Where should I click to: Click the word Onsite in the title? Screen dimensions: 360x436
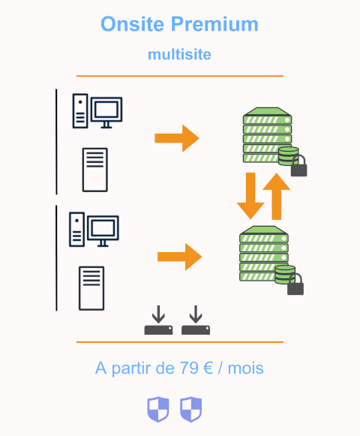click(132, 24)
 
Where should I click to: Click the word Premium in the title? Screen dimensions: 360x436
click(214, 24)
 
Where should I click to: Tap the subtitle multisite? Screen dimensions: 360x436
click(179, 54)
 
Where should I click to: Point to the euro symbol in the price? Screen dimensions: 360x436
click(208, 368)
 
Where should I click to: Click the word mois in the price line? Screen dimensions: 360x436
click(245, 368)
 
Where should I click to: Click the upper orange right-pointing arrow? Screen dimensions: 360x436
click(177, 138)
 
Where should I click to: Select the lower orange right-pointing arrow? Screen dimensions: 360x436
click(179, 257)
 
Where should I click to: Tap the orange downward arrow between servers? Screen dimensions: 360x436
click(250, 196)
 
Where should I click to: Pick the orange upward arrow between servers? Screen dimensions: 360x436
click(276, 197)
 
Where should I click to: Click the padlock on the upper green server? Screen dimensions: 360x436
click(298, 167)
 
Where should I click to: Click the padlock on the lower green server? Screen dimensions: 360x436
click(295, 284)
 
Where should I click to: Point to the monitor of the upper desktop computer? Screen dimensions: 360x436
click(106, 113)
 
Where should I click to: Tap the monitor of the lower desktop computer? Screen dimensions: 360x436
click(103, 231)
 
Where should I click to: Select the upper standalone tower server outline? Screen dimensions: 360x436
click(94, 170)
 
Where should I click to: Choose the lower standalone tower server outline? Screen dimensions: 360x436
click(91, 288)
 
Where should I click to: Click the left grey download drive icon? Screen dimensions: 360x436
click(158, 320)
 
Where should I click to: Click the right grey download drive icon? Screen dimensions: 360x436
click(196, 320)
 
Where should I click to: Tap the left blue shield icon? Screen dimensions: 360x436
click(158, 409)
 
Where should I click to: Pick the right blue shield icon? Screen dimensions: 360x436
click(191, 409)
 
